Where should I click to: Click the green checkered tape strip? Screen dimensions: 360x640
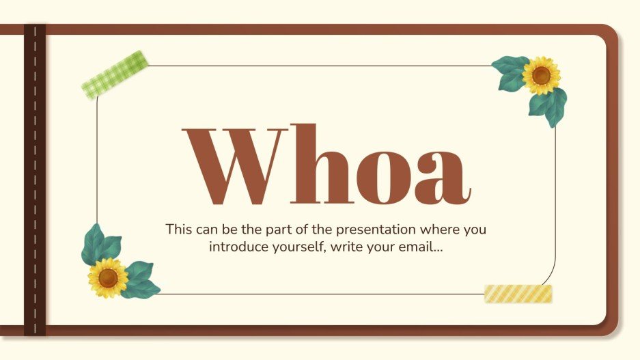coord(115,74)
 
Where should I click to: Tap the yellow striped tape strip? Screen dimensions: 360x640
coord(518,294)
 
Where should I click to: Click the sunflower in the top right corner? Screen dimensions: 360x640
coord(541,75)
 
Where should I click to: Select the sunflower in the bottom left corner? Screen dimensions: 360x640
coord(108,277)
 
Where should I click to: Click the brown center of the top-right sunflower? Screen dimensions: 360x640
coord(541,75)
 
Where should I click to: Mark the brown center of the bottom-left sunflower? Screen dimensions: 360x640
coord(108,277)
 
